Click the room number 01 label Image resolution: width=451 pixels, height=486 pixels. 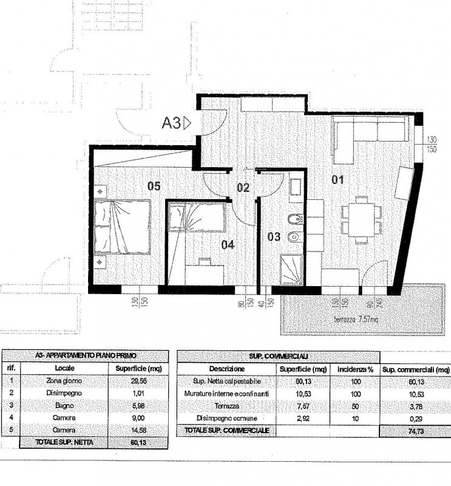(337, 180)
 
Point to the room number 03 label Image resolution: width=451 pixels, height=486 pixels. (274, 236)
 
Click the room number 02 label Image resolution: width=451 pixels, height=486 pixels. (243, 188)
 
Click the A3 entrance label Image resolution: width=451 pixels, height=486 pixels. (171, 123)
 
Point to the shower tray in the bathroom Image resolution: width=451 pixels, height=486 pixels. (293, 270)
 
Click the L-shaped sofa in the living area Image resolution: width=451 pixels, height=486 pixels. (364, 137)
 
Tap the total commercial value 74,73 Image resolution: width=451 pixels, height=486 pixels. (415, 431)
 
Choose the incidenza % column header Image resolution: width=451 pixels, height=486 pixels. (355, 369)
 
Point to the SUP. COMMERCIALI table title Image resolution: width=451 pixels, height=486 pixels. (277, 356)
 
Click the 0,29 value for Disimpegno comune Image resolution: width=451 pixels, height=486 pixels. (415, 419)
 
